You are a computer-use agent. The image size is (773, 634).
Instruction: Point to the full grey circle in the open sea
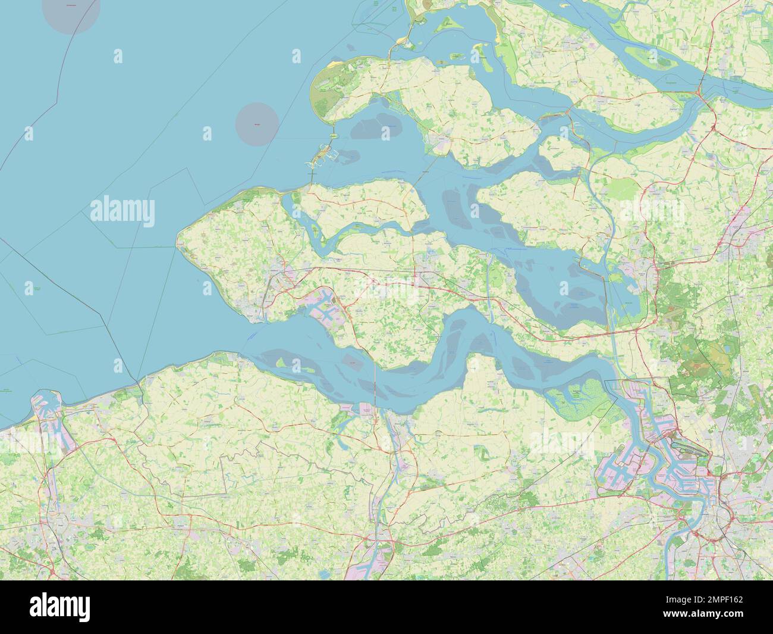tap(257, 124)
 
